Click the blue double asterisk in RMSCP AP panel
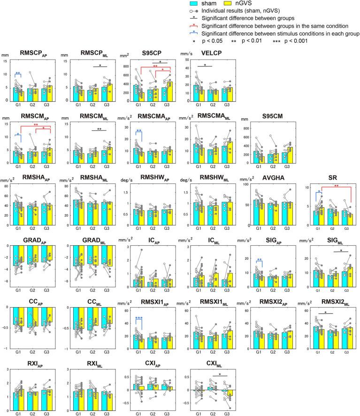pyautogui.click(x=18, y=73)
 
